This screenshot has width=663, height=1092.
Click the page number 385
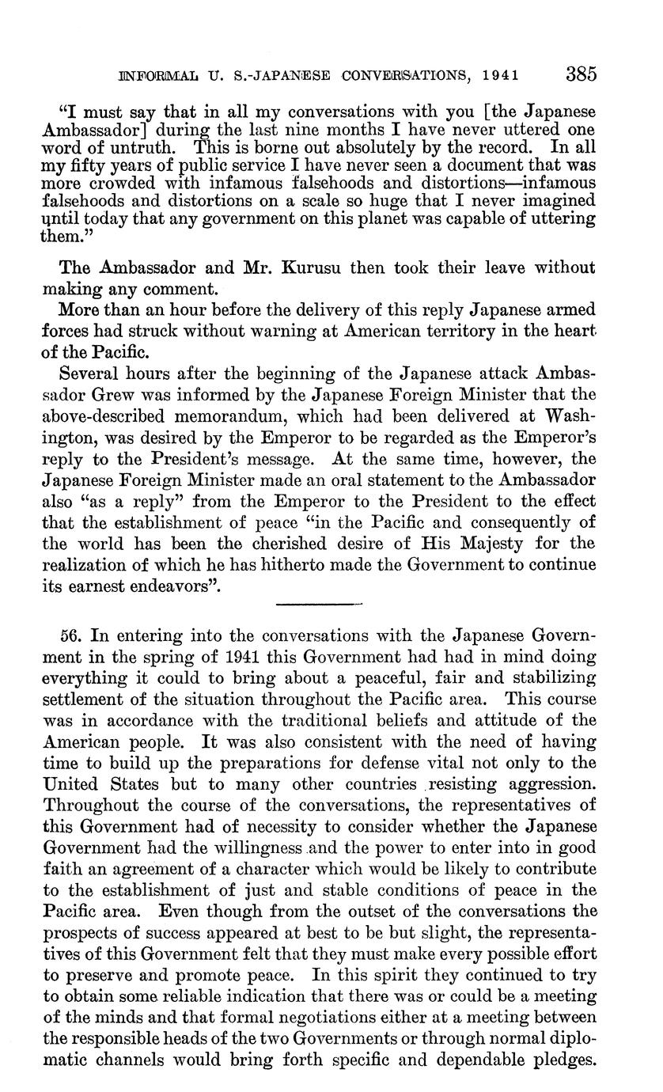point(581,74)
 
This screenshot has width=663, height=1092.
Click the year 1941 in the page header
point(502,76)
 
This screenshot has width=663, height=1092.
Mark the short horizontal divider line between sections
point(319,604)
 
